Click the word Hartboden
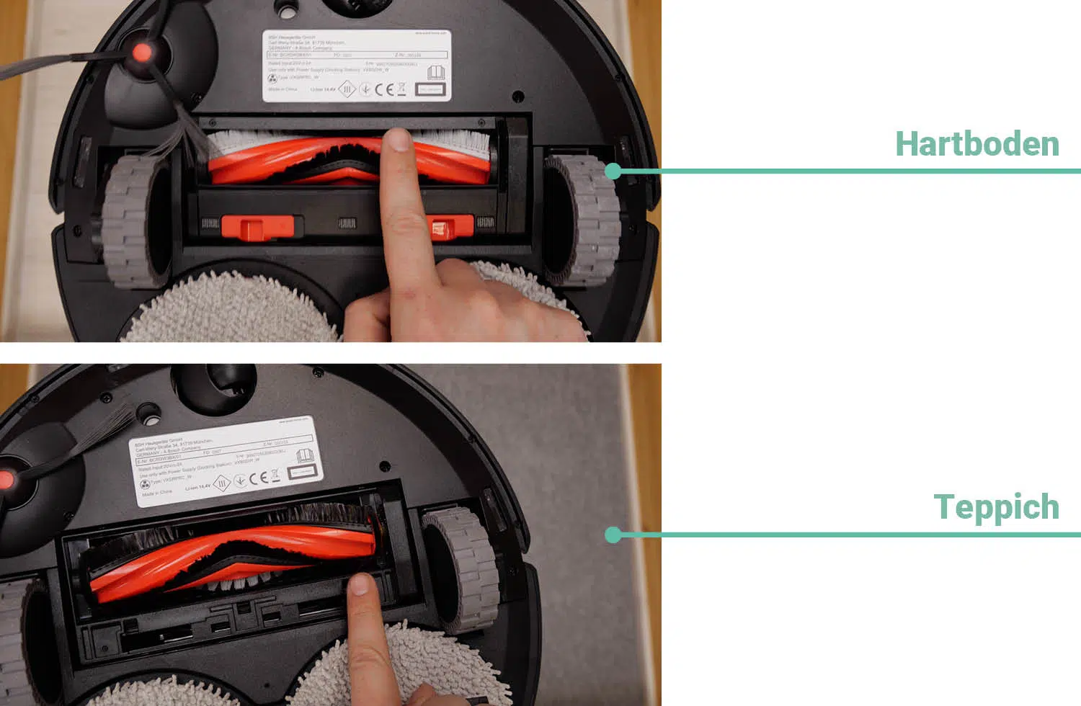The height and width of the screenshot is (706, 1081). tap(977, 143)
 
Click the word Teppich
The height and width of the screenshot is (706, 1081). tap(996, 506)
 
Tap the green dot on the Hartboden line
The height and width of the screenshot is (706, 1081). tap(613, 171)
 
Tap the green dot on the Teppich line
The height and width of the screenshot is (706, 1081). tap(613, 535)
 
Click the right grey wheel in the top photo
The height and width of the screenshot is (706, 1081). tap(582, 219)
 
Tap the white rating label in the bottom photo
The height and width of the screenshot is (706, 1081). tap(227, 462)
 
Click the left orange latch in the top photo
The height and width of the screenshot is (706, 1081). tap(257, 228)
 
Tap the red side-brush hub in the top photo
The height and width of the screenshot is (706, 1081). tap(142, 53)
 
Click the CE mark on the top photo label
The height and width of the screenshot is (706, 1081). tap(385, 89)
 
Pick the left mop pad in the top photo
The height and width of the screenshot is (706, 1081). tap(231, 310)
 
